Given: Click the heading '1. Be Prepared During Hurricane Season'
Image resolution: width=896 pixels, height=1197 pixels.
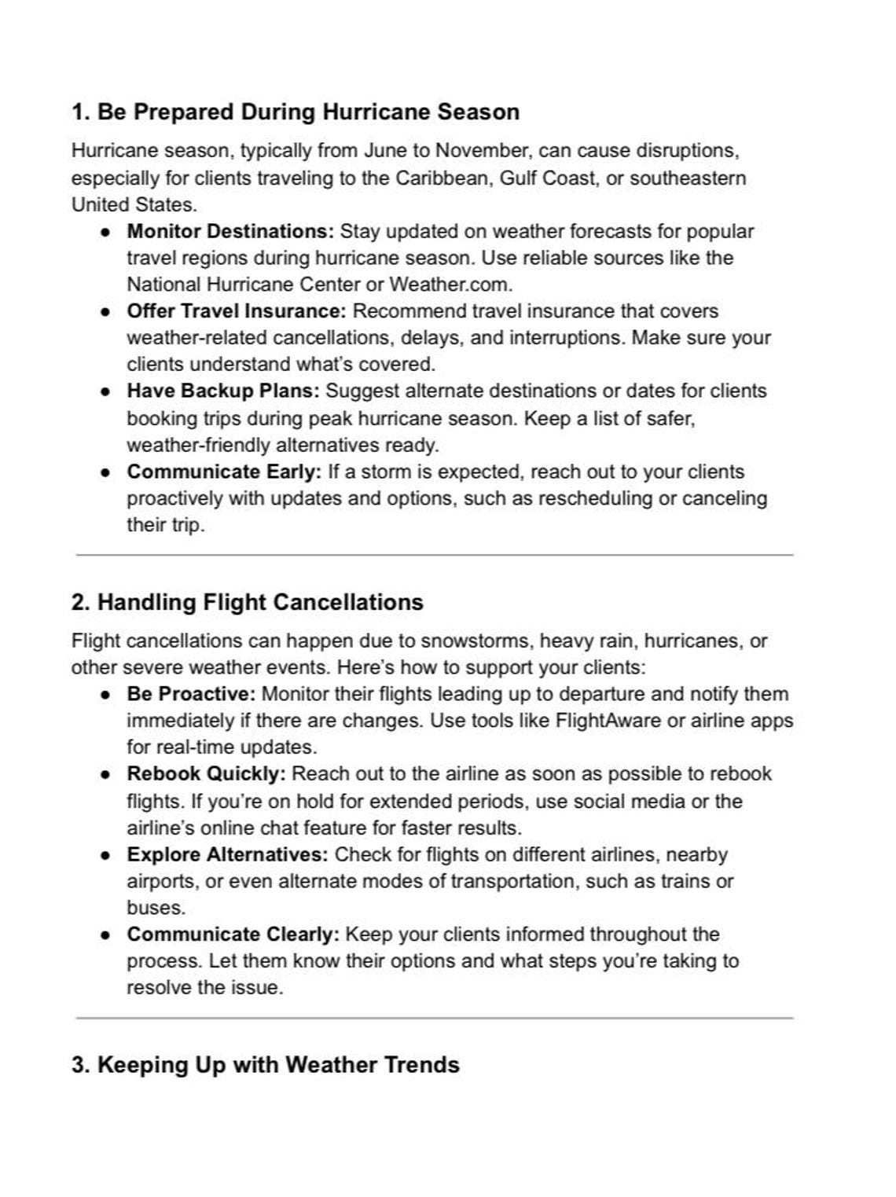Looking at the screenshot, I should (x=295, y=112).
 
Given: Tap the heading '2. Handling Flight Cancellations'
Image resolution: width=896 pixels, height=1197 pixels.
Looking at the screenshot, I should (x=247, y=602).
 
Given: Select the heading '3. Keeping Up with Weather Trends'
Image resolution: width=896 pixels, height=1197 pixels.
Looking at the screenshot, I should (x=265, y=1065).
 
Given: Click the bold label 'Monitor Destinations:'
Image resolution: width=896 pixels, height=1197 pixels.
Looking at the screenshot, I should (x=230, y=231).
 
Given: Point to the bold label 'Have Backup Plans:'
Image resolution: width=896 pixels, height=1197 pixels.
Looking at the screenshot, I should (x=223, y=391).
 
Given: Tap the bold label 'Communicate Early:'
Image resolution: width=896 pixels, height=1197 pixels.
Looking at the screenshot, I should (x=224, y=472).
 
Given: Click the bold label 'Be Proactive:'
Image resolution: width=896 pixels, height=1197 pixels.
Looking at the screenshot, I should (x=191, y=694).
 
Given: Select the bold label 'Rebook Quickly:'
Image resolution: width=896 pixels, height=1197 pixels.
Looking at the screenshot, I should (x=206, y=773).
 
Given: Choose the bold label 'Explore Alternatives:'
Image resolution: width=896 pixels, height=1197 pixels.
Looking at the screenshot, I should (x=227, y=854).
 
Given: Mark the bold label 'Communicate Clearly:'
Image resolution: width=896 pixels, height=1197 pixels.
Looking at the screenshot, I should (x=233, y=934).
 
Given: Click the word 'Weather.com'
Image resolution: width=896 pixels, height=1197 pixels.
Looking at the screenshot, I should (x=450, y=284).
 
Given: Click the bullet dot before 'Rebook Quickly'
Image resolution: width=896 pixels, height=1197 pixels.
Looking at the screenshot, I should (x=105, y=774).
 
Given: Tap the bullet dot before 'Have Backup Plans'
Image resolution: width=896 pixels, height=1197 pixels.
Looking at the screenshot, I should (x=105, y=391).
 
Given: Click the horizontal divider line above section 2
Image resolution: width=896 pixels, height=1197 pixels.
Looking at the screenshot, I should (x=434, y=555).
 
